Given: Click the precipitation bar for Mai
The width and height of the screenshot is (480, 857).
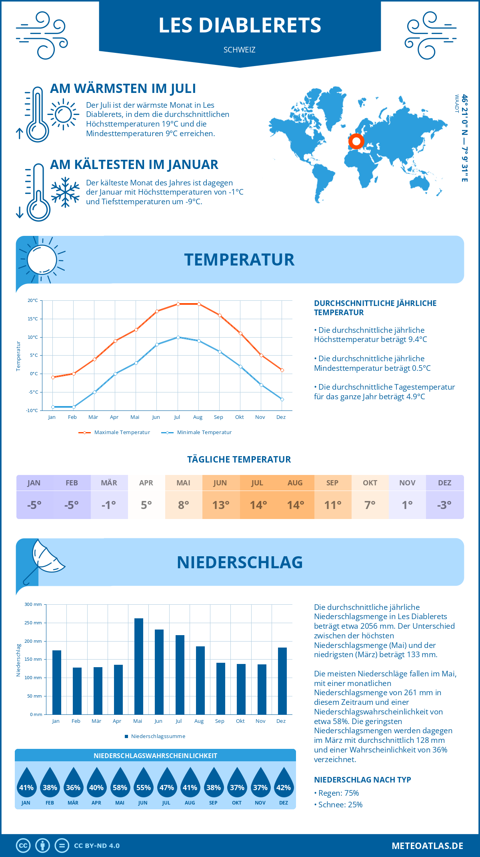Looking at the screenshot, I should (x=138, y=666).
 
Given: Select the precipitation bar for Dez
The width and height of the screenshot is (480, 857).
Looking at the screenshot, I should (x=282, y=681).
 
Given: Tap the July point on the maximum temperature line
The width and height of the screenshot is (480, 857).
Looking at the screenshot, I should (x=178, y=304).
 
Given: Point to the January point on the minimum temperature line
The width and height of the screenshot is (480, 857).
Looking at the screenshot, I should (x=53, y=407).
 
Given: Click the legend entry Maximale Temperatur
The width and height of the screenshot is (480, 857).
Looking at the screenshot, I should (x=114, y=433).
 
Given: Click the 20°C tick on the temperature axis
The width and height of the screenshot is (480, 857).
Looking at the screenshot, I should (x=33, y=300).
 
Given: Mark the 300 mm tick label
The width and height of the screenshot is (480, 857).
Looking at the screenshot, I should (x=33, y=604).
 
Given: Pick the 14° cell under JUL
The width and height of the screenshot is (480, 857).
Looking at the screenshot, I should (x=258, y=505).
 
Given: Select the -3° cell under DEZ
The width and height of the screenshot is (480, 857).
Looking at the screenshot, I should (x=444, y=505).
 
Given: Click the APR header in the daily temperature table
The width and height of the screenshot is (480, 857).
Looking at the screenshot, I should (x=146, y=483).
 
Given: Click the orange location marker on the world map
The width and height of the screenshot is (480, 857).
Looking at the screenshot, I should (x=356, y=141).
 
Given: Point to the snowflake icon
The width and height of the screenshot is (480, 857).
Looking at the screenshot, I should (x=65, y=192).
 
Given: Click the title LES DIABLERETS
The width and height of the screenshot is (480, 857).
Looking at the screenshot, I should (x=240, y=25).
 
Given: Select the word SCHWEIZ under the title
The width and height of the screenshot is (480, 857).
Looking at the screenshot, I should (x=240, y=50).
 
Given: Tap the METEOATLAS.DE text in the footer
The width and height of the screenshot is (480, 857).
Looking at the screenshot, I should (x=427, y=846).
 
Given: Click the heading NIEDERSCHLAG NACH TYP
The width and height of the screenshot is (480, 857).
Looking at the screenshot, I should (x=362, y=780).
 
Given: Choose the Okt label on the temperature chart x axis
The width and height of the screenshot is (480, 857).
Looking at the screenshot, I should (x=239, y=417).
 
